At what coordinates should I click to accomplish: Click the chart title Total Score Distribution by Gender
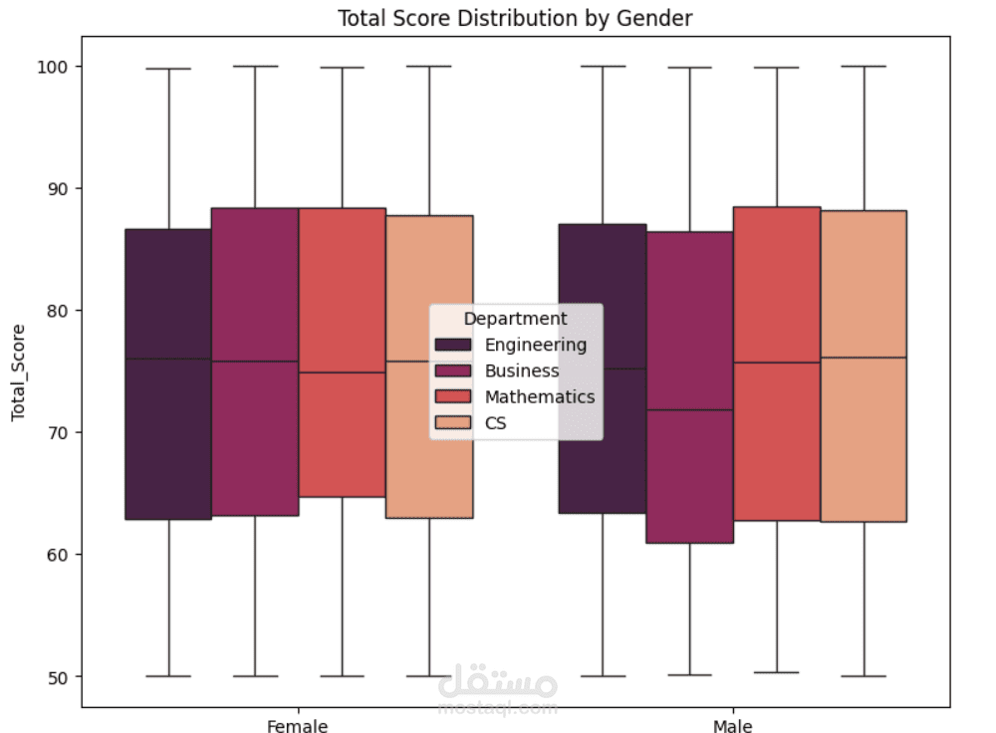point(514,18)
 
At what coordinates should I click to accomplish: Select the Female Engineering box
point(168,438)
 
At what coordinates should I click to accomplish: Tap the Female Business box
point(255,438)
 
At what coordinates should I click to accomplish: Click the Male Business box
point(689,478)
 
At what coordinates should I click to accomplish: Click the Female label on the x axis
point(297,725)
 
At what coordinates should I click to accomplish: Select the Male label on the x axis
point(732,725)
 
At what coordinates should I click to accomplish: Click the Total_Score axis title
point(18,371)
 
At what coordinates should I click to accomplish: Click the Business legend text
point(522,370)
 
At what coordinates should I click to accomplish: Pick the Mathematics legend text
point(540,396)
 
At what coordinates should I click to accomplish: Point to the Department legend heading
point(515,319)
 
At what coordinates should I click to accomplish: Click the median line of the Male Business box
point(689,409)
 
